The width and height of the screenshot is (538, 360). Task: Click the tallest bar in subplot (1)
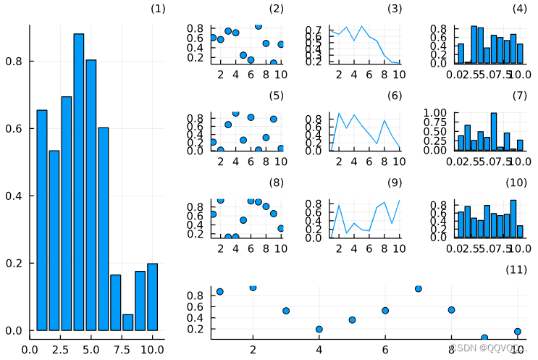coord(79,181)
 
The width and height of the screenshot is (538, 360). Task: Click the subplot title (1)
coord(157,9)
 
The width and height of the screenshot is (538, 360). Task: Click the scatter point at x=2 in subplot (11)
coord(253,288)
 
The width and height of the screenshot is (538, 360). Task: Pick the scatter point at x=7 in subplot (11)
coord(419,288)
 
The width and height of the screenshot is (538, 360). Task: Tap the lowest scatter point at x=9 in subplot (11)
coord(484,338)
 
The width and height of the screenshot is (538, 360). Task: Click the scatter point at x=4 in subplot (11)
coord(319,329)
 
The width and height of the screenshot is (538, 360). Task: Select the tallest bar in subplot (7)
coord(494,132)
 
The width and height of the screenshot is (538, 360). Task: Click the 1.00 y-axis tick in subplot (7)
coord(437,114)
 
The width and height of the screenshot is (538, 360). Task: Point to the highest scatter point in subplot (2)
coord(258,26)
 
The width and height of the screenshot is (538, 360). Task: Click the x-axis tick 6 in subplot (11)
coord(385,349)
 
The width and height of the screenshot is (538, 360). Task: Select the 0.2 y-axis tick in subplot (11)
coord(195,329)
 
